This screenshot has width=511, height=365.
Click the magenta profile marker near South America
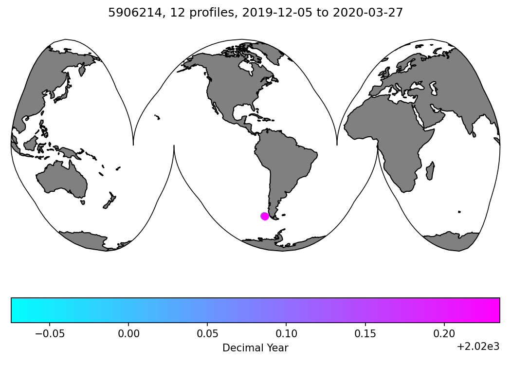pos(265,216)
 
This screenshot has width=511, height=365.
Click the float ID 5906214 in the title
pos(128,13)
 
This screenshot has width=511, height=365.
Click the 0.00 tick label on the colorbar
pos(128,334)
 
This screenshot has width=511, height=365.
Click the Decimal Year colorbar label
pos(255,348)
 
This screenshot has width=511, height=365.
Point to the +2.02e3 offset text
pos(478,347)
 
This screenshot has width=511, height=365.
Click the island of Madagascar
pos(430,171)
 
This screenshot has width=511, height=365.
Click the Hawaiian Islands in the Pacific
pos(157,117)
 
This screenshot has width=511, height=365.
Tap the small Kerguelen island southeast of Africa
pos(459,212)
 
